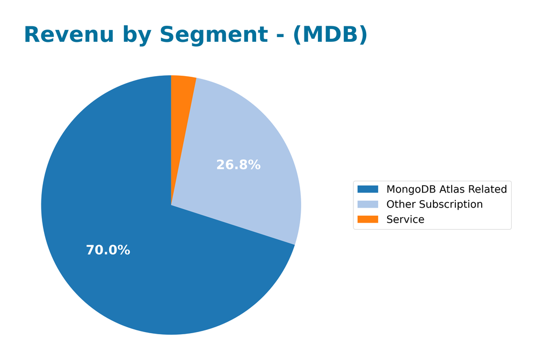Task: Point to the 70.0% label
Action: (x=108, y=250)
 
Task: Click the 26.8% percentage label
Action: (x=238, y=165)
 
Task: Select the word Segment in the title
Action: (x=214, y=35)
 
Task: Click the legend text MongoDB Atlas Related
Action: (x=446, y=189)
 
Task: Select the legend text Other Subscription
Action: (x=434, y=204)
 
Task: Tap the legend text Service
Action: (x=405, y=219)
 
